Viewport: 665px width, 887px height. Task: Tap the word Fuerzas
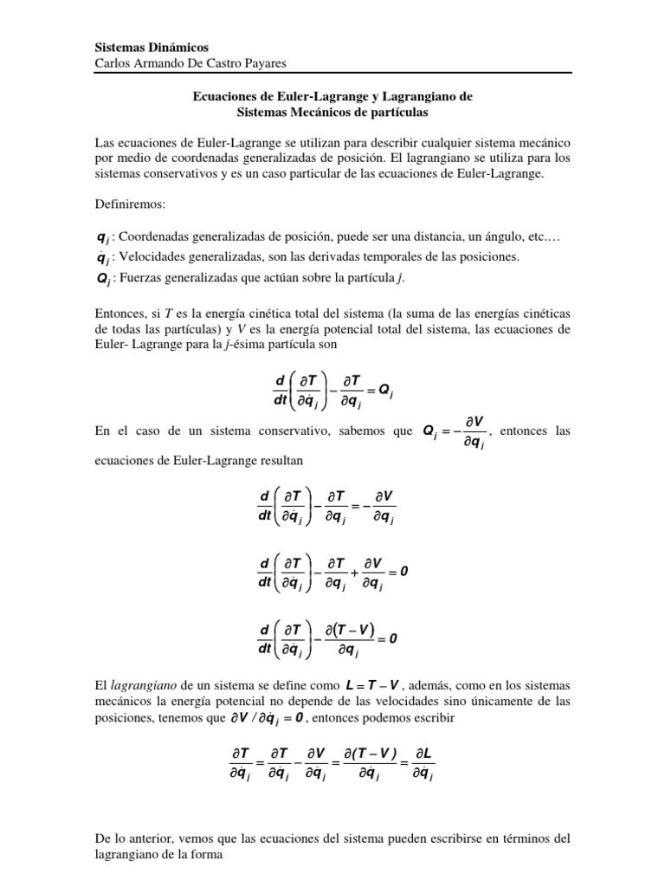pyautogui.click(x=138, y=277)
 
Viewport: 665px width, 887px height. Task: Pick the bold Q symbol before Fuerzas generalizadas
pyautogui.click(x=101, y=278)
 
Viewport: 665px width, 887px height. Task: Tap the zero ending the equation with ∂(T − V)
pyautogui.click(x=393, y=640)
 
